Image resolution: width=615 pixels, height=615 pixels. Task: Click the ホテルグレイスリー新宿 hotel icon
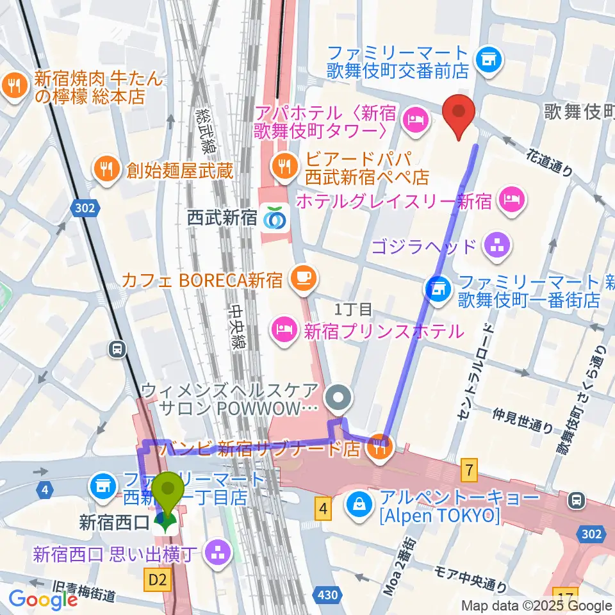(513, 201)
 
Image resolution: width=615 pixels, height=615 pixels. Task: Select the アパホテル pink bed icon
(414, 120)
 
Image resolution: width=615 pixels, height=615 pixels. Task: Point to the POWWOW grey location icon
(338, 398)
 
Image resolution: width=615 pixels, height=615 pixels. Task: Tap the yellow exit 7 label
(471, 471)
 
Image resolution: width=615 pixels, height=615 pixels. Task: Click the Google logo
(43, 599)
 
